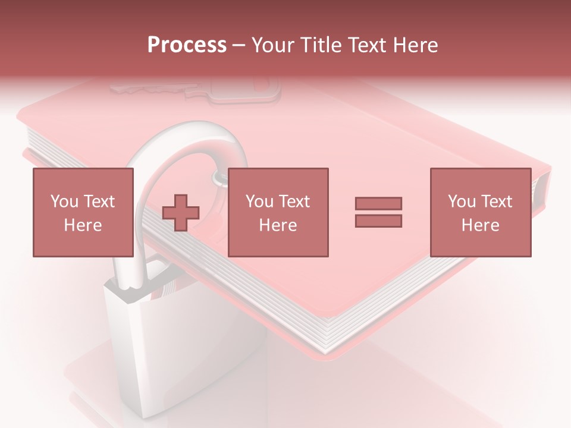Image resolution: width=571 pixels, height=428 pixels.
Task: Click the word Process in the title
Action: tap(187, 45)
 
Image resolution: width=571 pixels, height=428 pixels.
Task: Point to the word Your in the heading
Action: tap(272, 45)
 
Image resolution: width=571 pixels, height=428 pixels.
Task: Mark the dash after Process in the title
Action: tap(239, 46)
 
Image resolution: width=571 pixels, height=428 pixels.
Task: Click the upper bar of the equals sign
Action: tap(378, 203)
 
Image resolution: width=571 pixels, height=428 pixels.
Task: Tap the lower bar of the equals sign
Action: tap(378, 221)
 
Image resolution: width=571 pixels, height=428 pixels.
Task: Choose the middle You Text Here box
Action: tap(278, 212)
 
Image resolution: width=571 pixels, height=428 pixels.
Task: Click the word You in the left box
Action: tap(64, 202)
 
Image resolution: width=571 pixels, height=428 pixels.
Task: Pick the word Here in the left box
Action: tap(83, 225)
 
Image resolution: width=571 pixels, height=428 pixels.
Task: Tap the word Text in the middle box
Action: tap(294, 202)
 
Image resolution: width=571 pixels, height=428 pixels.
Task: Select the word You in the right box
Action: tap(462, 202)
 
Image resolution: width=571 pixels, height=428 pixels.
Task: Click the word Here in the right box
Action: tap(480, 225)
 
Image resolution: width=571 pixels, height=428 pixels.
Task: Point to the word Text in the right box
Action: tap(497, 202)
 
